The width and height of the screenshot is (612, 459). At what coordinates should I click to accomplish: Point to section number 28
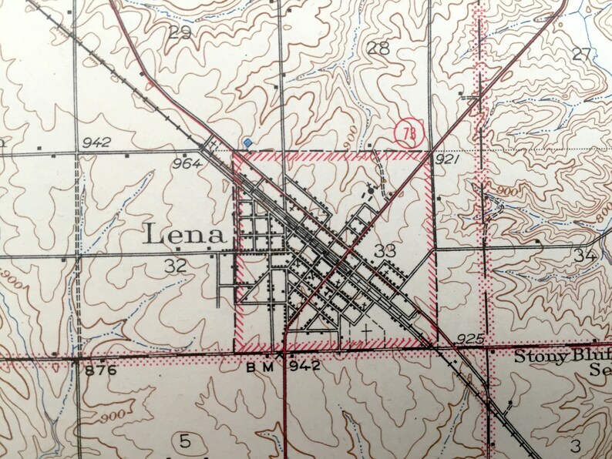pos(378,49)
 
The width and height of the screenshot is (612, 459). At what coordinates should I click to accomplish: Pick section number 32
pos(176,266)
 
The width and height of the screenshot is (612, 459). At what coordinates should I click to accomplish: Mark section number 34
pos(584,256)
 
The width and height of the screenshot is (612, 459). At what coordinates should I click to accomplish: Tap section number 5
pos(184,441)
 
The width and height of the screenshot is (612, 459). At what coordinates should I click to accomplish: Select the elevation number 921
pos(447,159)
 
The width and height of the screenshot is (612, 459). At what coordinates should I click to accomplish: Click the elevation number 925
pos(468,338)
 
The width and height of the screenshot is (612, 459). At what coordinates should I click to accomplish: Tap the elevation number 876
pos(101,370)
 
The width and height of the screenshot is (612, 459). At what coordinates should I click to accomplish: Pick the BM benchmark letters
pos(261,367)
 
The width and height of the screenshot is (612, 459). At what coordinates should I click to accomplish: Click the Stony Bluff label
pos(562,356)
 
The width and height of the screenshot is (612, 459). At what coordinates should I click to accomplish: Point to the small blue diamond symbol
pos(247,142)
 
